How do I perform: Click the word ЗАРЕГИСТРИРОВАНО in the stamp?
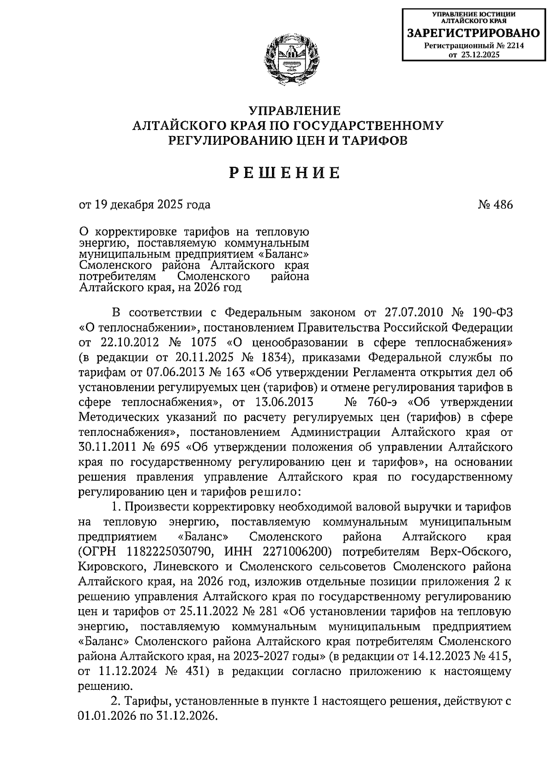click(x=473, y=33)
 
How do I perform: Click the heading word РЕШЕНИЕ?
click(x=285, y=172)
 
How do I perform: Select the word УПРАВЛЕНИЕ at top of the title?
click(x=295, y=111)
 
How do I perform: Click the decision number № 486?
click(x=495, y=204)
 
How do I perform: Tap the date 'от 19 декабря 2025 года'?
click(x=145, y=204)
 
